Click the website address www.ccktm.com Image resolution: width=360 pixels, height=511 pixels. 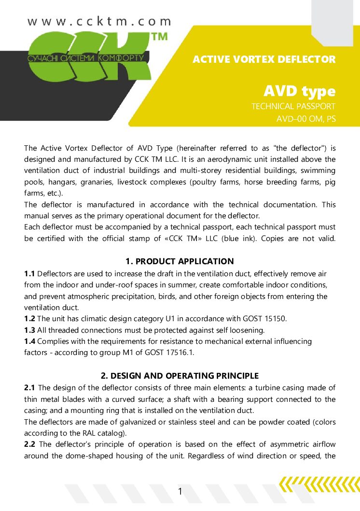[99, 22]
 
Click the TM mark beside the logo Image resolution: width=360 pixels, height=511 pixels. [160, 37]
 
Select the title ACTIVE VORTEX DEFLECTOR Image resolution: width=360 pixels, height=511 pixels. [264, 59]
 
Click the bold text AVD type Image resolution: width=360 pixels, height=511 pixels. [299, 91]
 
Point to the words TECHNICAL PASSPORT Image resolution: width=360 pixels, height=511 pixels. [293, 106]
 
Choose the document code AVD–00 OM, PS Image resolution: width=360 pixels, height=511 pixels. [305, 119]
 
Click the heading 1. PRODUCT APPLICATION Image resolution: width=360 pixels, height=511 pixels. [180, 261]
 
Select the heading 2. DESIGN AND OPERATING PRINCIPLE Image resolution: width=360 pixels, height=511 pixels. [180, 376]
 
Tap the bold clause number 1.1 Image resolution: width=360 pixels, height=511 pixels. [29, 274]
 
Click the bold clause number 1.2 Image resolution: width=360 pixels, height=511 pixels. [29, 318]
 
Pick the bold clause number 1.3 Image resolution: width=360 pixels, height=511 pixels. [29, 330]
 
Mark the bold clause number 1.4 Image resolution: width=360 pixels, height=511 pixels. [29, 341]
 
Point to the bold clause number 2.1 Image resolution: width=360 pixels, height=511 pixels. [29, 388]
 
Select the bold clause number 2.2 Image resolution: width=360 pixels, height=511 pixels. [29, 444]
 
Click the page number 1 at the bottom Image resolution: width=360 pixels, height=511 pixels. [180, 492]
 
